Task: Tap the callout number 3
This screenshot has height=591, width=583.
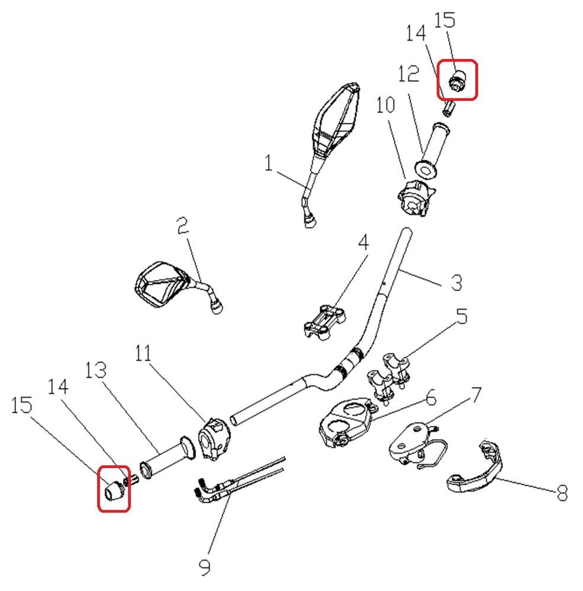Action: (x=456, y=282)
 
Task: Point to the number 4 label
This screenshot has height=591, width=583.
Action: (x=363, y=242)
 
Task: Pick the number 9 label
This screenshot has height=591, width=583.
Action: (x=205, y=568)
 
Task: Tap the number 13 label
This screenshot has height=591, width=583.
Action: (x=95, y=371)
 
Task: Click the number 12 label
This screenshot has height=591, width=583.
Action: (x=408, y=74)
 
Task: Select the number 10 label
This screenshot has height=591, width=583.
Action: (x=385, y=106)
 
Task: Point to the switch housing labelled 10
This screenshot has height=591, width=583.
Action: (x=414, y=199)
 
